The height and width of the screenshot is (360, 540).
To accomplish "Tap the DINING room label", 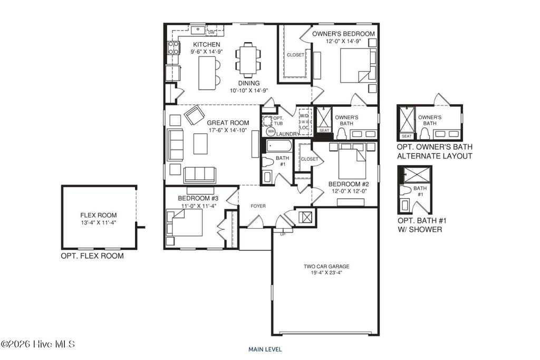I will coord(248,83).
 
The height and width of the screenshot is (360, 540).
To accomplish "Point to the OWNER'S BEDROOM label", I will coord(343,34).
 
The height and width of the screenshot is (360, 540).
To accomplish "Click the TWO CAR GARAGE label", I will coord(326,267).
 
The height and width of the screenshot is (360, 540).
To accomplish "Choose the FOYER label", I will coord(258,206).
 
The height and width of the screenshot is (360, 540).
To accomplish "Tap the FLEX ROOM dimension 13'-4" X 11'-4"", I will coord(98,223).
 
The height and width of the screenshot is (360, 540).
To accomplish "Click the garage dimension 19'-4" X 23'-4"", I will coord(326,273).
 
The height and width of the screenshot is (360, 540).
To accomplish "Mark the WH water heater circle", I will coord(271,131).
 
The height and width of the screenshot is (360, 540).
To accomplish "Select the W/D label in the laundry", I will coord(304,115).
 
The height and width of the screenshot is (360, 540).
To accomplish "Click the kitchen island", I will coord(208,74).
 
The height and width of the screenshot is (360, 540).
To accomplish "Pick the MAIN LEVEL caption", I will coord(265,349).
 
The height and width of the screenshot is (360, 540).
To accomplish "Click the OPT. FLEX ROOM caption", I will coord(92,256).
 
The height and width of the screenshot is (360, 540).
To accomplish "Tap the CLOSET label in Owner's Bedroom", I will coord(295,55).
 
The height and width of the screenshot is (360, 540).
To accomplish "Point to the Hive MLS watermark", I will coord(38,344).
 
